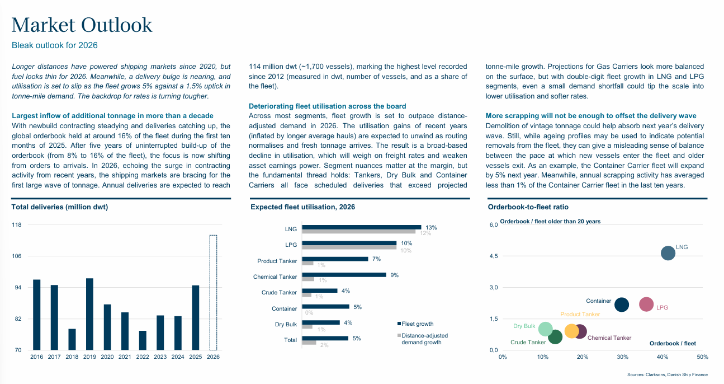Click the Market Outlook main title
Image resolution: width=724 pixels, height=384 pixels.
click(82, 25)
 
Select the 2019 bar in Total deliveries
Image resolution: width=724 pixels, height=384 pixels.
click(89, 314)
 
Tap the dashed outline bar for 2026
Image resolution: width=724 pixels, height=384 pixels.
click(213, 292)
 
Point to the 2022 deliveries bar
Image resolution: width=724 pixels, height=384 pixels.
click(143, 340)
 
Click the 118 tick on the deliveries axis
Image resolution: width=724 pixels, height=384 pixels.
click(17, 225)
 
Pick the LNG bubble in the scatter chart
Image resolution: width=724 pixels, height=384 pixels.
click(668, 253)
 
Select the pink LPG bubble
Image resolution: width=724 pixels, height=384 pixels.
click(646, 305)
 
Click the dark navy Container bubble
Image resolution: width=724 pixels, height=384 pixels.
click(622, 305)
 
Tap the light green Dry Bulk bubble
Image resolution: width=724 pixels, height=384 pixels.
click(545, 330)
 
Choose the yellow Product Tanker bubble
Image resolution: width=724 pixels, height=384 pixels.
click(571, 331)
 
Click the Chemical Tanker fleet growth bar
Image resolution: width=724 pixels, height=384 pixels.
click(344, 275)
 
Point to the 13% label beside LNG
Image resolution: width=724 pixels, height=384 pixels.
click(431, 228)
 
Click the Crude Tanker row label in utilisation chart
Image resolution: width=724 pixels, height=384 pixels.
click(279, 293)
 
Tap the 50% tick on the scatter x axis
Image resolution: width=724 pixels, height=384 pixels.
click(702, 357)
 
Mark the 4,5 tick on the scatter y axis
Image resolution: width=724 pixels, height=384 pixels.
click(493, 256)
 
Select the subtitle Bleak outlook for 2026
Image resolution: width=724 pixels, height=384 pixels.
click(55, 45)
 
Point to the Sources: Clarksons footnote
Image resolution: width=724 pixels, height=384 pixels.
click(668, 374)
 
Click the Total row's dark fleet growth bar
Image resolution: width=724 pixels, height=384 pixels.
click(325, 338)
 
